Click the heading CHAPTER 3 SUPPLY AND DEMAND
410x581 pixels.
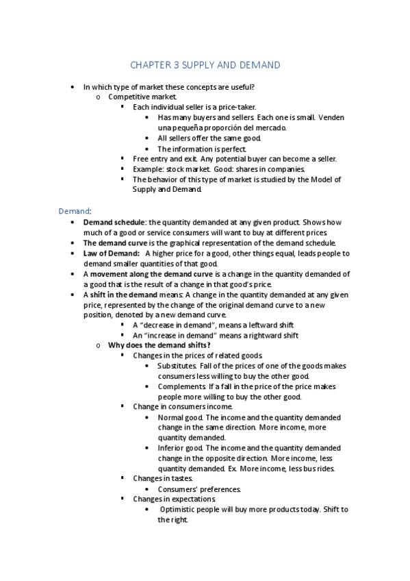pyautogui.click(x=205, y=65)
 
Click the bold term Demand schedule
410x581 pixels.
pyautogui.click(x=114, y=223)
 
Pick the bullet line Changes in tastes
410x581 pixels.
pyautogui.click(x=163, y=478)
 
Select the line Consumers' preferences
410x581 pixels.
pyautogui.click(x=199, y=489)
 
